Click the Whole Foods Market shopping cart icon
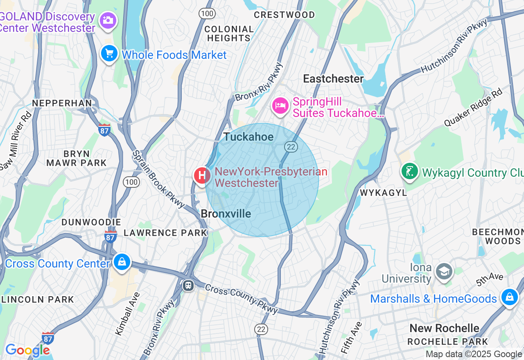coord(109,54)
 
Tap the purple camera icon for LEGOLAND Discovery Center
coord(108,20)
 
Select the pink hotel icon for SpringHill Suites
coord(280,106)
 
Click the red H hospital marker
coord(202,175)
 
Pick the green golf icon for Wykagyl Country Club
coord(409,171)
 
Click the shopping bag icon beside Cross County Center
coord(122,262)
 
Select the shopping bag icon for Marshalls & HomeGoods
coord(509,297)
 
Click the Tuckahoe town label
coord(248,137)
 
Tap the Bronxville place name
coord(226,214)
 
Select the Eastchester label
coord(333,79)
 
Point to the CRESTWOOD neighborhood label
coord(284,15)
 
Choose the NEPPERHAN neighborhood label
coord(62,103)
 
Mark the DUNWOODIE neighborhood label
coord(91,222)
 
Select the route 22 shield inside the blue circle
coord(291,147)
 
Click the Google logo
coord(27,350)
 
